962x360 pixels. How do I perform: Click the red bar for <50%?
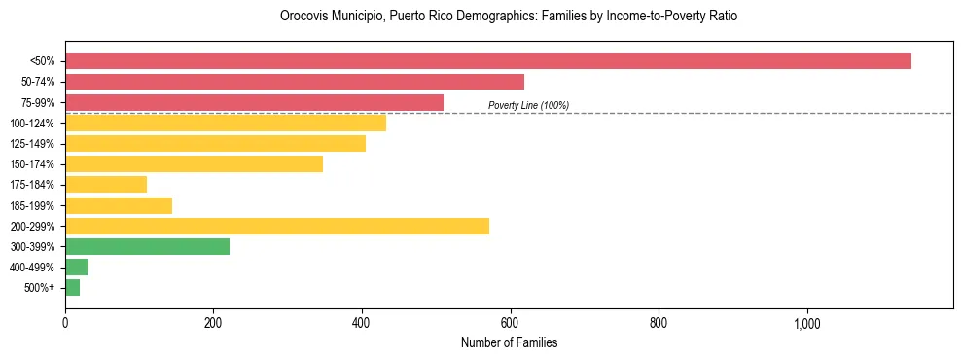coord(487,60)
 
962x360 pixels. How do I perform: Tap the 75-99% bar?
coord(254,102)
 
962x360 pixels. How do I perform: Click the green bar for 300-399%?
coord(147,246)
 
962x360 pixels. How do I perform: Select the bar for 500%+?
coord(73,287)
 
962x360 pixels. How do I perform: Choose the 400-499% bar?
coord(77,267)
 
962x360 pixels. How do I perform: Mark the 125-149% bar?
coord(215,143)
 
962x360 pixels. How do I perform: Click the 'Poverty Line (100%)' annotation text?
coord(528,105)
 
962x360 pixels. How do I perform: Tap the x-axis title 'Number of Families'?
coord(509,342)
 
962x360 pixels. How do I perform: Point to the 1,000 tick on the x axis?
coord(807,323)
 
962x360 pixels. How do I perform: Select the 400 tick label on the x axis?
coord(362,323)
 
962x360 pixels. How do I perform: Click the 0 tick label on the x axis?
coord(65,323)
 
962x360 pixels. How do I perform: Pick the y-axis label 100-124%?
coord(32,123)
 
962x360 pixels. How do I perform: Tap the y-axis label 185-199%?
coord(32,205)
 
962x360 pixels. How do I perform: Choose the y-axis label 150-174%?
coord(32,163)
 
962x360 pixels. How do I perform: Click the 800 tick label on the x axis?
coord(659,323)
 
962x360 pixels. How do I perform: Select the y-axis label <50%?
coord(42,61)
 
